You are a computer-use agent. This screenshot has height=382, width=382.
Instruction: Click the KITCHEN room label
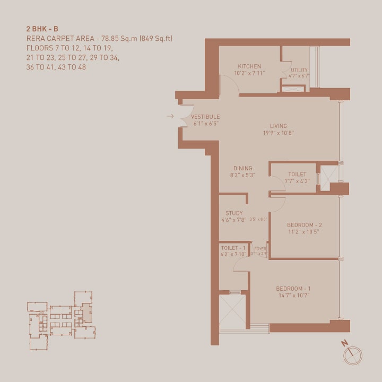pyautogui.click(x=249, y=66)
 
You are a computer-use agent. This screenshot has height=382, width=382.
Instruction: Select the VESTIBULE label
pyautogui.click(x=205, y=117)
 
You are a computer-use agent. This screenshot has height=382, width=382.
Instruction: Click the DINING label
pyautogui.click(x=243, y=169)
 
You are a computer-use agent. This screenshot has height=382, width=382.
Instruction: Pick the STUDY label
pyautogui.click(x=234, y=213)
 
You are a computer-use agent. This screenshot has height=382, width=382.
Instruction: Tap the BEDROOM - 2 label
pyautogui.click(x=304, y=225)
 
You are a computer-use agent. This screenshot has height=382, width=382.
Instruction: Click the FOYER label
pyautogui.click(x=260, y=248)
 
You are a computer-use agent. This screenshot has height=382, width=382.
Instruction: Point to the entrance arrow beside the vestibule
pyautogui.click(x=170, y=116)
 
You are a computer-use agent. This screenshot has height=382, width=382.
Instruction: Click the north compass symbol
pyautogui.click(x=352, y=354)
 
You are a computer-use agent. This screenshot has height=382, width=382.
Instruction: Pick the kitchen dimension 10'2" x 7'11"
pyautogui.click(x=249, y=73)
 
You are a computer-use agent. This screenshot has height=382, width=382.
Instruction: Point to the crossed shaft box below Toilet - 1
pyautogui.click(x=231, y=310)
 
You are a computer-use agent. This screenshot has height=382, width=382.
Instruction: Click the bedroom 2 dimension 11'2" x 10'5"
pyautogui.click(x=304, y=232)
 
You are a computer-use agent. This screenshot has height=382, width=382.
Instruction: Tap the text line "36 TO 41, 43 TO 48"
pyautogui.click(x=56, y=67)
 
